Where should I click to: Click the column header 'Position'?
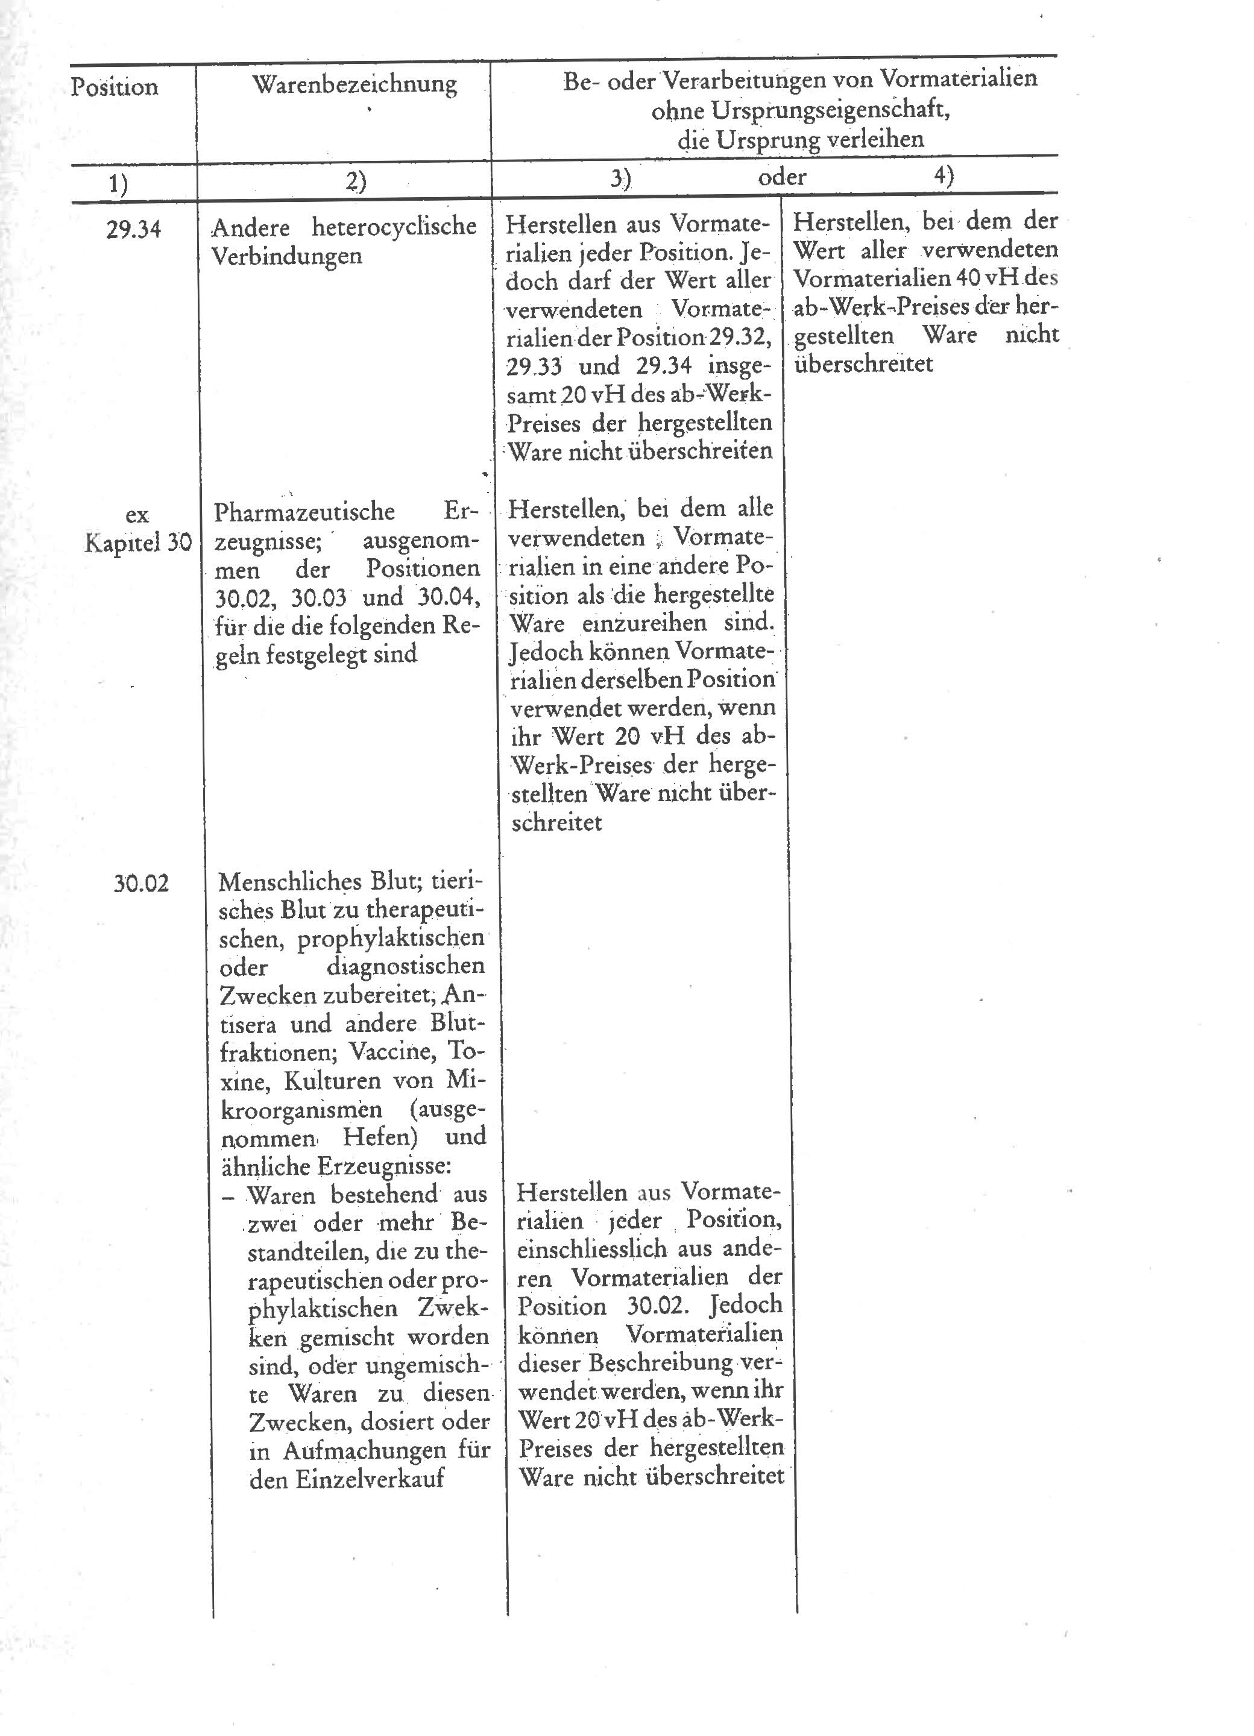[114, 86]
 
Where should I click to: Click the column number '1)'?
[118, 184]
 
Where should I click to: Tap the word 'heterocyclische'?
[394, 227]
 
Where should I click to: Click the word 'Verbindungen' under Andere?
[286, 256]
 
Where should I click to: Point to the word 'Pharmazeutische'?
[304, 511]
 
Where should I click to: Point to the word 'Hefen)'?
[380, 1137]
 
